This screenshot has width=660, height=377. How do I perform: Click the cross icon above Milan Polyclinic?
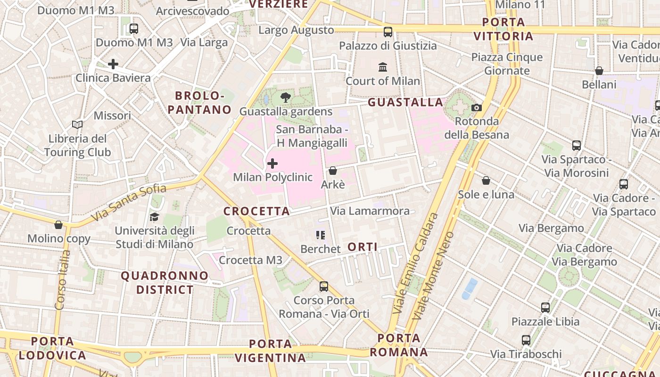click(272, 164)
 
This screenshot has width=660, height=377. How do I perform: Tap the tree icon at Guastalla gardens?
click(285, 98)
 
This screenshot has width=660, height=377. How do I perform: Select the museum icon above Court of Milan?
click(383, 67)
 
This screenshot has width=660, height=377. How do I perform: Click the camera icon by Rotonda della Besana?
click(477, 108)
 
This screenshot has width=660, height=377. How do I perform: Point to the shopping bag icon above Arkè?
click(333, 171)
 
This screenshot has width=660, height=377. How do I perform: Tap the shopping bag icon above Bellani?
click(599, 71)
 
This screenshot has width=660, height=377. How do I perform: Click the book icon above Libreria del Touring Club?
click(77, 125)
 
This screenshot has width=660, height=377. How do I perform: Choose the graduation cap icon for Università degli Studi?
click(154, 217)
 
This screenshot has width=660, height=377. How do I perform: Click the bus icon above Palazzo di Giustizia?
click(388, 32)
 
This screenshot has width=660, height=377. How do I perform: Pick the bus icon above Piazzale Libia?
click(545, 308)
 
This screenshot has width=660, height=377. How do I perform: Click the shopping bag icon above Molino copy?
click(58, 225)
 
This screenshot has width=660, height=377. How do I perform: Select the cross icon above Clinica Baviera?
click(113, 64)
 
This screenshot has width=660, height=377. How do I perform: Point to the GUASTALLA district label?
click(405, 102)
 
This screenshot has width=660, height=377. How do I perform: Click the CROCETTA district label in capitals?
click(256, 212)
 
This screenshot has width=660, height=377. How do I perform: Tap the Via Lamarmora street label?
click(370, 211)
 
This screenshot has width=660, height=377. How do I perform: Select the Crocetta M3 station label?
click(250, 260)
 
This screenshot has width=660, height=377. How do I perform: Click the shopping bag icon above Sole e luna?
click(486, 180)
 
